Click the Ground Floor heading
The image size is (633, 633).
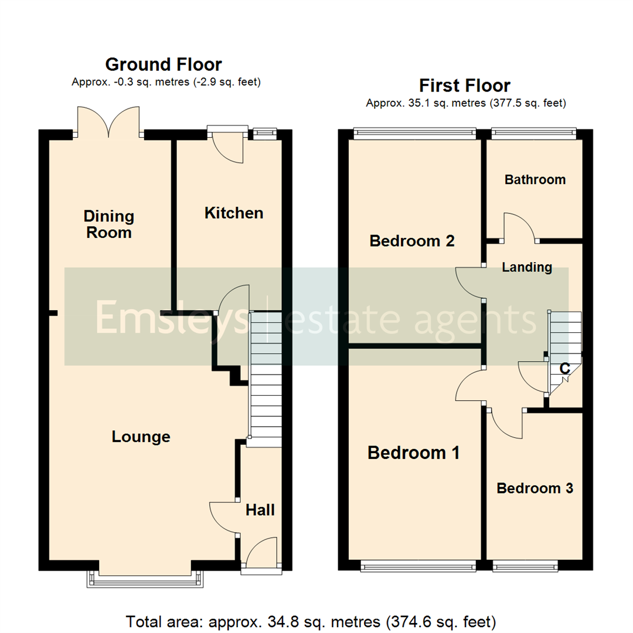point(164,64)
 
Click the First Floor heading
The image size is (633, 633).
point(465,86)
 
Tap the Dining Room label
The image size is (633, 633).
point(108,224)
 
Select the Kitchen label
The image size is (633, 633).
point(233,213)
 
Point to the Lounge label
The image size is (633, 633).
point(141,437)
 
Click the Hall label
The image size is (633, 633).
point(260,511)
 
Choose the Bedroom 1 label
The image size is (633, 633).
point(413,452)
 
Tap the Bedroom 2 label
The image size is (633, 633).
point(412,241)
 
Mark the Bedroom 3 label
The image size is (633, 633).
point(535,488)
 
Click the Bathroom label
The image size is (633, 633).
point(535,179)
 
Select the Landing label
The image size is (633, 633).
point(527,268)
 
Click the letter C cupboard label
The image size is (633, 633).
point(564,369)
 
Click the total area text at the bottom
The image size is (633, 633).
point(311,620)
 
